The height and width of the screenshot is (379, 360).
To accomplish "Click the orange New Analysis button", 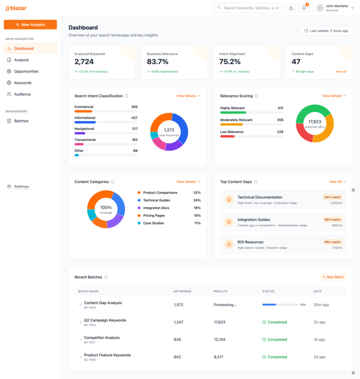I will [x=30, y=24].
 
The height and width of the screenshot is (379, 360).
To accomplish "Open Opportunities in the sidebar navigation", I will [x=26, y=71].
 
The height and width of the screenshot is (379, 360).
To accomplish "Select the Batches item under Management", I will [x=21, y=121].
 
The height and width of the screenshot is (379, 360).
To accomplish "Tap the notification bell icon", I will [x=304, y=8].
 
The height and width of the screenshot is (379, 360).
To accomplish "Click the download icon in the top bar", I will [x=291, y=8].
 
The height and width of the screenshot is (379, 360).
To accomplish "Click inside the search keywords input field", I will [x=251, y=8].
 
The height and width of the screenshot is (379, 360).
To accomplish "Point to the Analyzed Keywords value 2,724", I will [x=84, y=62].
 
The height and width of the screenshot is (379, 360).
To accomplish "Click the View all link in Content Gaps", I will [x=341, y=72].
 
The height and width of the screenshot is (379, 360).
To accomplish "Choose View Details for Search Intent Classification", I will [x=188, y=96].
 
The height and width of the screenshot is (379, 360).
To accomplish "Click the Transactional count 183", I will [x=135, y=140].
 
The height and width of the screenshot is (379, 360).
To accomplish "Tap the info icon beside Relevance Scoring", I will [x=256, y=96].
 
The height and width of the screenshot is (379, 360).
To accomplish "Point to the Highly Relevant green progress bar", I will [x=233, y=113].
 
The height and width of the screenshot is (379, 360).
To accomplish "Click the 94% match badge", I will [x=332, y=197].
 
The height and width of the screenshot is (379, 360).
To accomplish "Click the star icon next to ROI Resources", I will [x=229, y=244].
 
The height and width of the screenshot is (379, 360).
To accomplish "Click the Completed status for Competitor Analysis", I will [x=275, y=340].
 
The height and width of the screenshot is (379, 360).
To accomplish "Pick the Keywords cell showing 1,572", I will [x=178, y=305].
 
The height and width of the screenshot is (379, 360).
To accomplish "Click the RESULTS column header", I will [x=220, y=291].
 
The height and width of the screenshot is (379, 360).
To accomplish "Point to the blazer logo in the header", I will [x=16, y=8].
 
